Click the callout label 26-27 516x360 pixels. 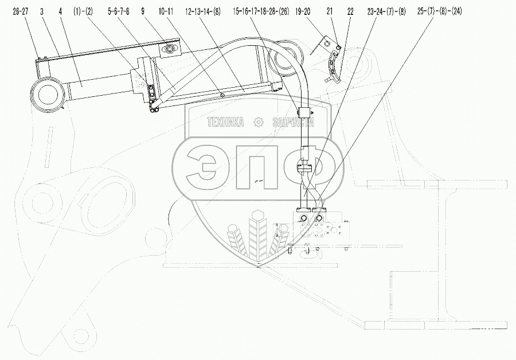(x=21, y=12)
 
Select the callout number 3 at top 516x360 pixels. (x=42, y=12)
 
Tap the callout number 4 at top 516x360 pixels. (x=60, y=12)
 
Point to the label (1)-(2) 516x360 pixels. (x=83, y=12)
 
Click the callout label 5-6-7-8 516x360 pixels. (x=119, y=12)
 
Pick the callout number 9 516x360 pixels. (x=143, y=12)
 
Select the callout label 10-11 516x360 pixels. (x=166, y=12)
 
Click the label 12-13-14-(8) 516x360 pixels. (x=203, y=12)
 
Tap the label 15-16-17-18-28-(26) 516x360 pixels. (x=261, y=12)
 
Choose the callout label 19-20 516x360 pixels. (x=303, y=12)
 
